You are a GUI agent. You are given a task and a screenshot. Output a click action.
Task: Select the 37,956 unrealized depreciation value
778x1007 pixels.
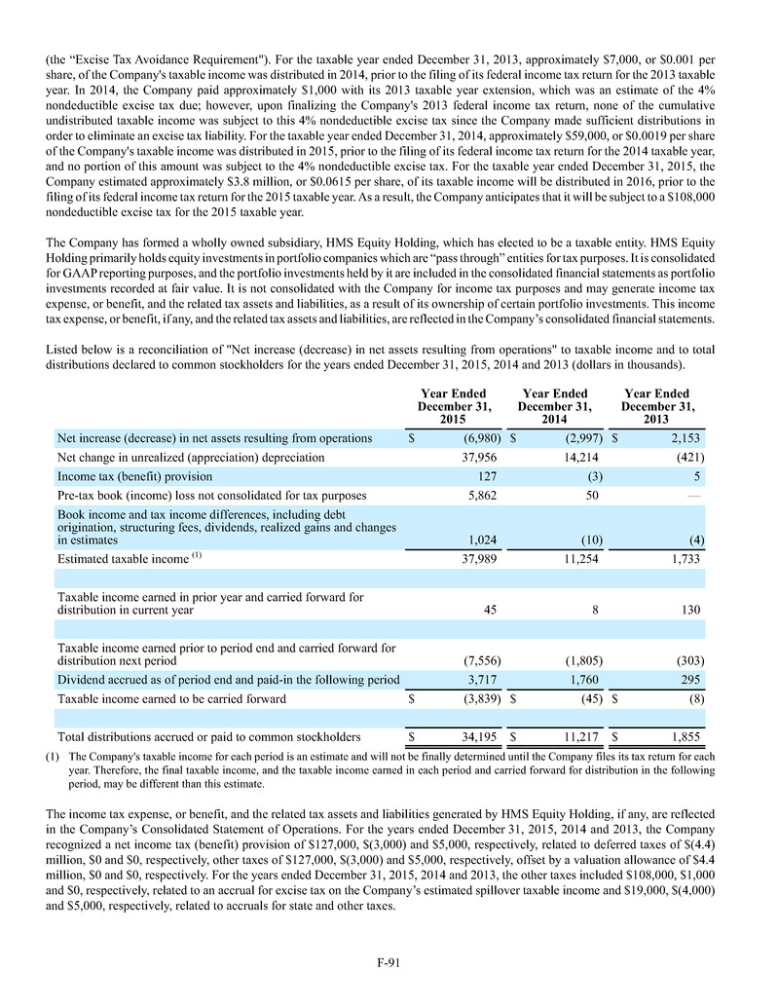[480, 458]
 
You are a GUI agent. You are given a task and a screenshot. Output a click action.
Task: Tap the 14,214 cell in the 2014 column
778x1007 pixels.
[581, 458]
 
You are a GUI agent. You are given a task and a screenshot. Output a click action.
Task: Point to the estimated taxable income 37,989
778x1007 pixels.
[480, 559]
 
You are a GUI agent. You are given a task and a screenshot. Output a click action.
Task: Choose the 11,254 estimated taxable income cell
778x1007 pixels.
[581, 559]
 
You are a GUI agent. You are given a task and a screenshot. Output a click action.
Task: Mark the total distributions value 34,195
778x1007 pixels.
[480, 737]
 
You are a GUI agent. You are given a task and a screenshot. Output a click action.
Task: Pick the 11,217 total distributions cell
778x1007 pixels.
[581, 737]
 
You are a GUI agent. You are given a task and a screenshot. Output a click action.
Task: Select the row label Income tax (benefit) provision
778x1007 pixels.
[135, 477]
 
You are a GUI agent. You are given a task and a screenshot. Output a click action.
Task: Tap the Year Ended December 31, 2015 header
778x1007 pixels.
[454, 406]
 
